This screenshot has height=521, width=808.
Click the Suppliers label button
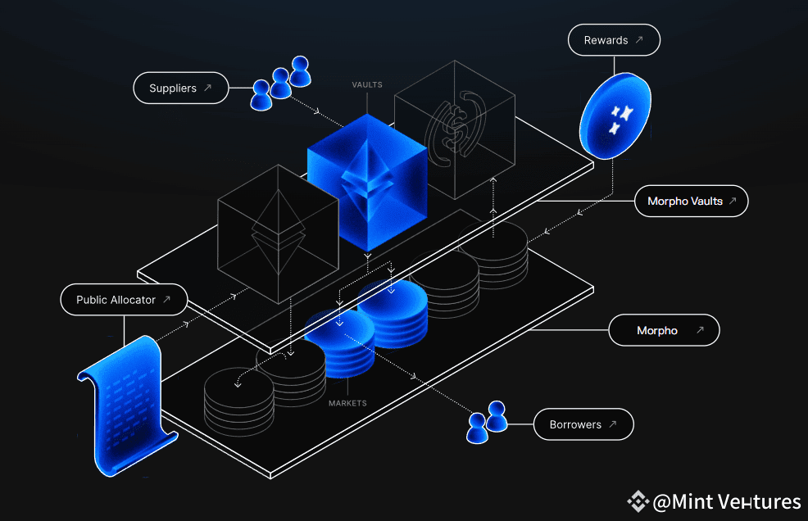tap(180, 88)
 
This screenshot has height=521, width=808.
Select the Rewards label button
tap(613, 40)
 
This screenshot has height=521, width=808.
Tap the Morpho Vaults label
tap(692, 201)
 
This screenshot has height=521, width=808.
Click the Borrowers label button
tap(583, 424)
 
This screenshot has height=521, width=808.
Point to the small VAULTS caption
tap(367, 85)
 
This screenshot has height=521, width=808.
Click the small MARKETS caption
tap(347, 403)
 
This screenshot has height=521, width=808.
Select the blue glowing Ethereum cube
tap(367, 182)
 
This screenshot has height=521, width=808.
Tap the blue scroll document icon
tap(126, 405)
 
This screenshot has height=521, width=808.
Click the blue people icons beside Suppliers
tap(281, 83)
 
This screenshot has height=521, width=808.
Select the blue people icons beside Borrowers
tap(487, 421)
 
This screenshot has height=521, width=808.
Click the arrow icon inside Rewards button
tap(639, 40)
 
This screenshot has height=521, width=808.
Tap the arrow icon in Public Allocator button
tap(166, 300)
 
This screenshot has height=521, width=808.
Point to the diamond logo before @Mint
tap(638, 501)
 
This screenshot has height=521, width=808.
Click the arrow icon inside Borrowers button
tap(612, 424)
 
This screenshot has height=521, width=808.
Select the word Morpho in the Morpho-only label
tap(657, 331)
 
